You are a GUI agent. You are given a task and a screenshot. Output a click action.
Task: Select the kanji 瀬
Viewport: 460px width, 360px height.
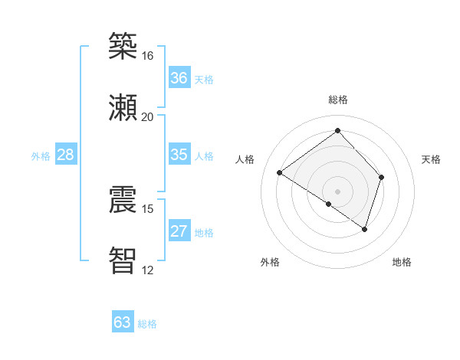pyautogui.click(x=123, y=107)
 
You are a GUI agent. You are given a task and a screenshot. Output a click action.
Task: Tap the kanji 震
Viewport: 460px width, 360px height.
pyautogui.click(x=123, y=199)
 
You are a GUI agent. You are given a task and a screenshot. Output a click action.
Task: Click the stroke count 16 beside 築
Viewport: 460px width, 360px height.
pyautogui.click(x=147, y=56)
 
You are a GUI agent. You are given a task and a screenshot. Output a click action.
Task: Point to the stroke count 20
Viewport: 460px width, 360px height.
pyautogui.click(x=147, y=117)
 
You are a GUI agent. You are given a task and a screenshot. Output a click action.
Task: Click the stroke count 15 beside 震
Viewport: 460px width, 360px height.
pyautogui.click(x=147, y=208)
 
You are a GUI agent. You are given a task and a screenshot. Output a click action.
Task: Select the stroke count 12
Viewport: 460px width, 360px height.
pyautogui.click(x=147, y=270)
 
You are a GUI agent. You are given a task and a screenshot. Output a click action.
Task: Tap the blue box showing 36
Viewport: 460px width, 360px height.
pyautogui.click(x=179, y=78)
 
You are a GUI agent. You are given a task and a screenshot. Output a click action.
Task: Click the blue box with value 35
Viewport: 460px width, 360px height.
pyautogui.click(x=179, y=155)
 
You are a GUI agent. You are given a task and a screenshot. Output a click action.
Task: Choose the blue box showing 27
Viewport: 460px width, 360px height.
pyautogui.click(x=179, y=231)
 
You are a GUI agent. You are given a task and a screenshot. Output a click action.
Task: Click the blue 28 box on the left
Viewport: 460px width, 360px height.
pyautogui.click(x=66, y=155)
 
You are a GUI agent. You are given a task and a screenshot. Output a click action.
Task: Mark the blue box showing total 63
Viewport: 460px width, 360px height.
pyautogui.click(x=123, y=322)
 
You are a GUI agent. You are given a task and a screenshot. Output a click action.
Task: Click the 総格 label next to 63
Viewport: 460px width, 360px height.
pyautogui.click(x=147, y=324)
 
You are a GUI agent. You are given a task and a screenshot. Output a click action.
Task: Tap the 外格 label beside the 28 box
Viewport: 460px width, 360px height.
pyautogui.click(x=41, y=156)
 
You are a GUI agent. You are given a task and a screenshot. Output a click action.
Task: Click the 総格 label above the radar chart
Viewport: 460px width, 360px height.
pyautogui.click(x=337, y=100)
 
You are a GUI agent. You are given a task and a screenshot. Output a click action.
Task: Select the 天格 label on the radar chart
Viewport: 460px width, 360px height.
pyautogui.click(x=431, y=159)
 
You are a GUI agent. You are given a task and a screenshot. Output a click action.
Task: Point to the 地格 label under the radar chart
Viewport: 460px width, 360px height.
pyautogui.click(x=402, y=262)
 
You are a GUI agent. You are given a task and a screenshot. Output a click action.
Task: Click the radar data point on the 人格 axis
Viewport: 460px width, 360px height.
pyautogui.click(x=280, y=173)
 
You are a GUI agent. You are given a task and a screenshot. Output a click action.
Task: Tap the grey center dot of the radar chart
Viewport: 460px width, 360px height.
pyautogui.click(x=337, y=191)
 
